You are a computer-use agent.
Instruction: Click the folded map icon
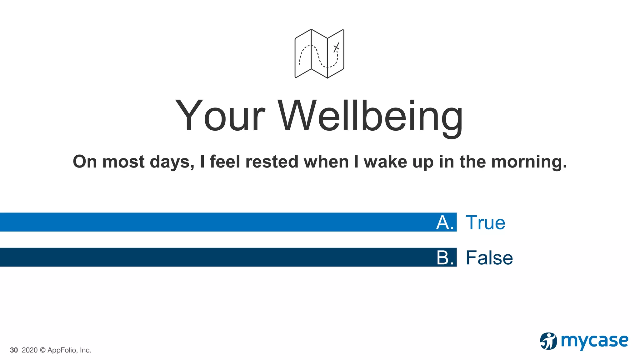coord(319,54)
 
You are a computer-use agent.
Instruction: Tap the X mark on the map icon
coord(336,48)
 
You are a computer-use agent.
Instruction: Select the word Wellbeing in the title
coord(370,116)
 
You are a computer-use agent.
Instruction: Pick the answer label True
coord(485,223)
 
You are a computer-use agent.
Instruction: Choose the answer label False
coord(489,258)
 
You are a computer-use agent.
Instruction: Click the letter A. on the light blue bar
coord(445,223)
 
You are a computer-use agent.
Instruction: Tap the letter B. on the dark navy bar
coord(445,258)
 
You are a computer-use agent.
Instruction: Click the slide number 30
coord(14,350)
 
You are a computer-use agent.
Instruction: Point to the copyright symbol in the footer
coord(42,350)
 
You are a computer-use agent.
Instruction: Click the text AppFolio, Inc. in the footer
coord(69,350)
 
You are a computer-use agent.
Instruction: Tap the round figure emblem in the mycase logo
coord(548,341)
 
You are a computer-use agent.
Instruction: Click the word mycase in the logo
coord(594,341)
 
